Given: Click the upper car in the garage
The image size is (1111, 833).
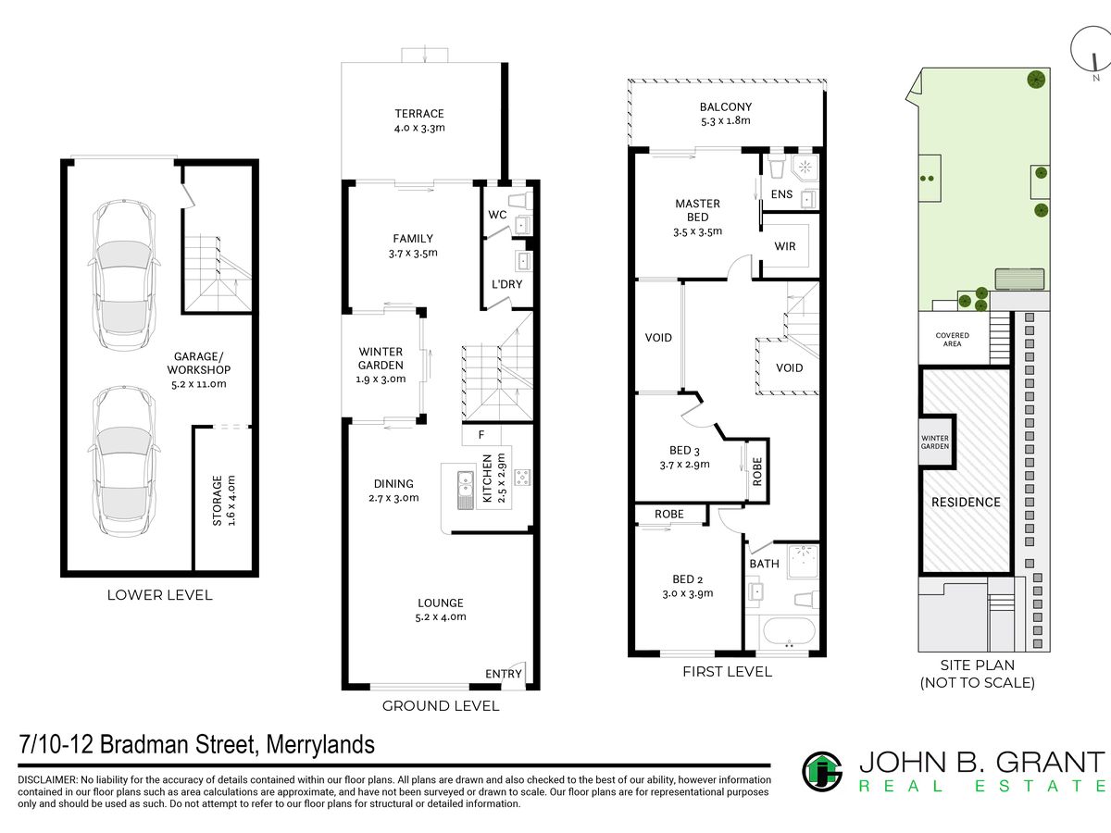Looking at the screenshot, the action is [124, 274].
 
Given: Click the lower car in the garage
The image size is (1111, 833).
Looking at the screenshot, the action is [124, 461].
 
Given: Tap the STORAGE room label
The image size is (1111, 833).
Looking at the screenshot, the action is [218, 501].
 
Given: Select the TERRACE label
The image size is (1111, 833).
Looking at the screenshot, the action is [419, 114].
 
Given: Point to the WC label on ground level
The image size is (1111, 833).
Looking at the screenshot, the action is [497, 215].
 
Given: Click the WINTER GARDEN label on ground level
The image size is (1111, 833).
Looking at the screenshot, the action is [381, 358].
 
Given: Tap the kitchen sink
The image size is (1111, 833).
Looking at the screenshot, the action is [465, 490].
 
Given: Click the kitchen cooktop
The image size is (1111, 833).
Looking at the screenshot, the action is [522, 477].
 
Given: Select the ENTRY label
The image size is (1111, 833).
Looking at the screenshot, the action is [503, 674].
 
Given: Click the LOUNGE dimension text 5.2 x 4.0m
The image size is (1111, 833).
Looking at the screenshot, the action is [441, 617].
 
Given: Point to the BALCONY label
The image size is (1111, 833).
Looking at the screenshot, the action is [725, 106].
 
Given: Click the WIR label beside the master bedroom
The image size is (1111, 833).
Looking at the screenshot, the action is [784, 246].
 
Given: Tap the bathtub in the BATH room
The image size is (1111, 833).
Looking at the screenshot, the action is [789, 630].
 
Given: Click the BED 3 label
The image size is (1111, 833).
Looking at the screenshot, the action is [684, 450].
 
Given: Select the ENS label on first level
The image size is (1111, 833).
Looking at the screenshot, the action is [781, 194].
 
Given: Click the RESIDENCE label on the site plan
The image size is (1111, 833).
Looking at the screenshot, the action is [966, 503].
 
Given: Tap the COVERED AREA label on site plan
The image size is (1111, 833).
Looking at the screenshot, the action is [952, 340].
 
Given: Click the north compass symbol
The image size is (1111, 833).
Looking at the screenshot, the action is [1091, 51].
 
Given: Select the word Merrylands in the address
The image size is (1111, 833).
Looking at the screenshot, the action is [320, 744].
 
